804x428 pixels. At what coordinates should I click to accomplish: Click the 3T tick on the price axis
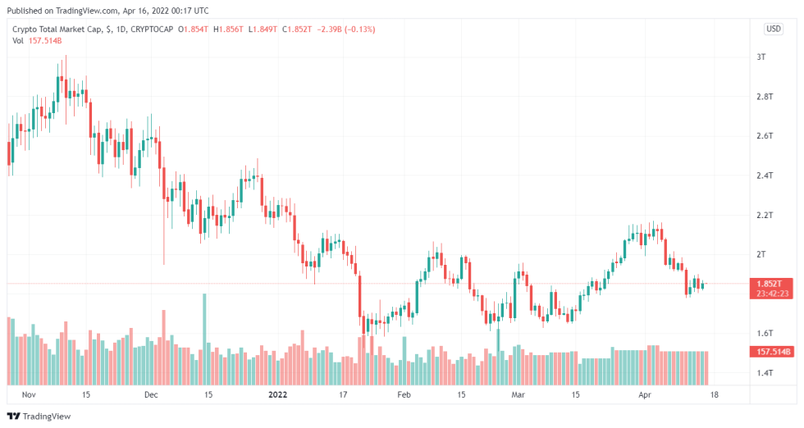[x=761, y=57]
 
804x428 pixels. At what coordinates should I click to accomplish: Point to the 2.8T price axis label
[x=764, y=97]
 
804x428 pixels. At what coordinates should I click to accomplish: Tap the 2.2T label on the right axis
[x=764, y=215]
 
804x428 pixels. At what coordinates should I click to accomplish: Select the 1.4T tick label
[x=764, y=373]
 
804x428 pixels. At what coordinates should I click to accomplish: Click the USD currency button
[x=773, y=29]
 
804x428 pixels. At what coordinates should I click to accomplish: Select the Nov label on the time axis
[x=30, y=394]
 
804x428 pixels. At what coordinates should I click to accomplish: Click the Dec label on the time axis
[x=150, y=394]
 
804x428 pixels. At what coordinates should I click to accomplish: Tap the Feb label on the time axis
[x=403, y=394]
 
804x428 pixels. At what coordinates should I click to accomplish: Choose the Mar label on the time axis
[x=518, y=394]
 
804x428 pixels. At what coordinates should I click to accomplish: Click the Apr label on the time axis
[x=644, y=394]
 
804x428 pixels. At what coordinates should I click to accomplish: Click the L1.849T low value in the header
[x=263, y=29]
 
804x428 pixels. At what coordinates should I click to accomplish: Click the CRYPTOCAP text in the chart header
[x=152, y=29]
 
